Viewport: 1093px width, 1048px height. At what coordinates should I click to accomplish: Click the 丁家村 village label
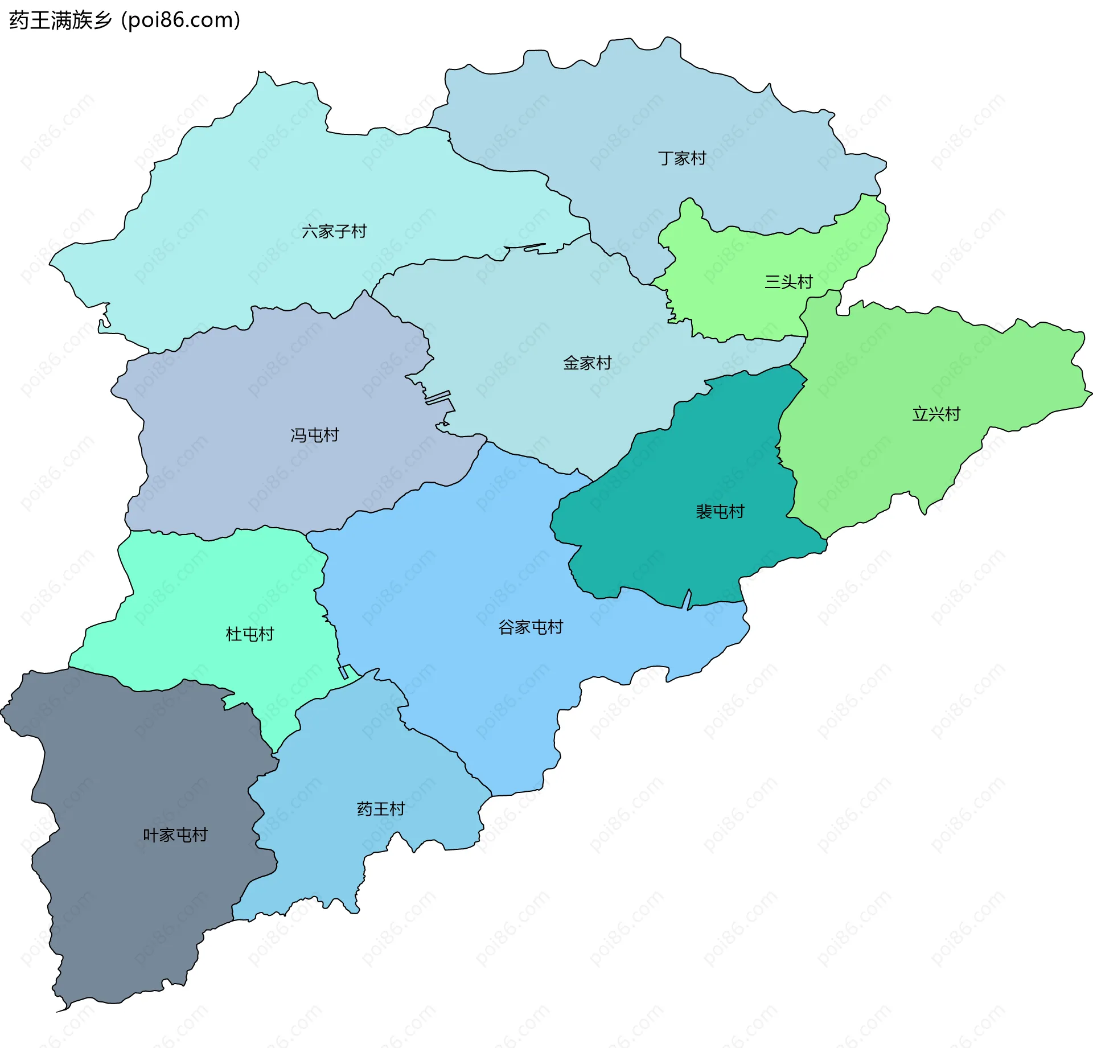682,158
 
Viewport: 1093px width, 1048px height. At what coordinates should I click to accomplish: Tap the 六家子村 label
334,232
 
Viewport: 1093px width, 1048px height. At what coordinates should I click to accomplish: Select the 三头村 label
788,282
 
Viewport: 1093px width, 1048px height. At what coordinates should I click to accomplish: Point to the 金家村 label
587,363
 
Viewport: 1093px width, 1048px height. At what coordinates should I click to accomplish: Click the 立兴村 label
936,414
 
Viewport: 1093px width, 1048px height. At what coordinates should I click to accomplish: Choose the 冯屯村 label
315,435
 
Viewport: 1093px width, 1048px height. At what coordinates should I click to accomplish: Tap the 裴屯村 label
720,512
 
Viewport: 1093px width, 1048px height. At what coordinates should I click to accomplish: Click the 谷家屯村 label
531,627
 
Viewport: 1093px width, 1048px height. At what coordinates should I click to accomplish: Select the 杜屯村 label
250,634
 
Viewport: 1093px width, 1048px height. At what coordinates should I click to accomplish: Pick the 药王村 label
381,809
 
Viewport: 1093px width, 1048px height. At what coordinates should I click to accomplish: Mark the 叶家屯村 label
175,835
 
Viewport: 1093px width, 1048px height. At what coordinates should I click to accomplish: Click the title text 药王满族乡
60,20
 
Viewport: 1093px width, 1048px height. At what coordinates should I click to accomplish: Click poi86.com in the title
181,20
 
